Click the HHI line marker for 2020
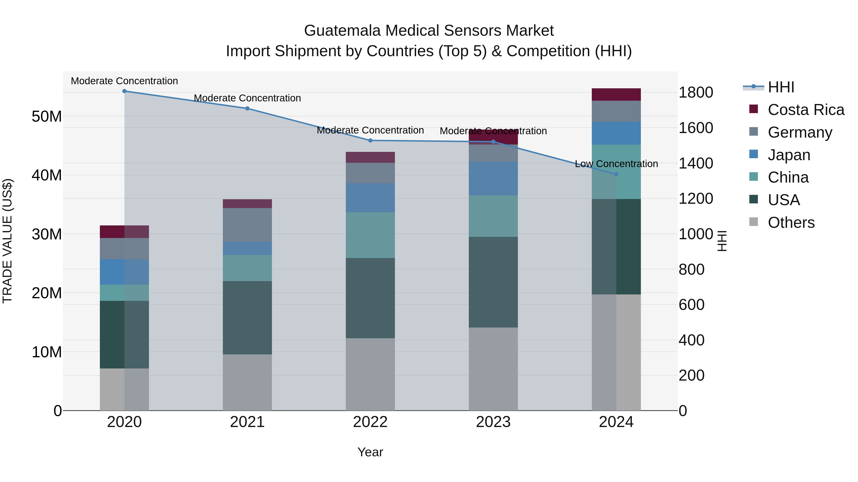point(124,91)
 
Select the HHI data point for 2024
point(616,174)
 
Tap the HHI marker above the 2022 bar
point(370,141)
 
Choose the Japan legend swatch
point(753,154)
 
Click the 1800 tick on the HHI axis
point(695,93)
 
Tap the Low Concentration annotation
point(616,164)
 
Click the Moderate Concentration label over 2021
point(247,98)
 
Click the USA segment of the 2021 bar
point(247,318)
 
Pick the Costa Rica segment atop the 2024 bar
point(616,94)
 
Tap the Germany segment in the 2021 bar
point(247,225)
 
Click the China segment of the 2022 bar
point(370,235)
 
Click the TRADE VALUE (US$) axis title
point(8,241)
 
